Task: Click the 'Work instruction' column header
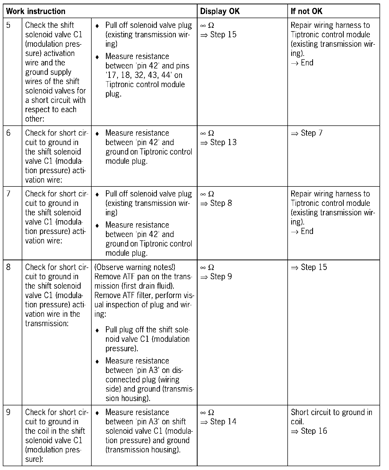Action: coord(36,11)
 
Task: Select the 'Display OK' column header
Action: coord(220,11)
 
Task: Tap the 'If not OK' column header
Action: coord(307,11)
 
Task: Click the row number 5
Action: coord(8,25)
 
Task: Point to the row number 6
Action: coord(8,133)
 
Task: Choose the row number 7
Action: coord(8,194)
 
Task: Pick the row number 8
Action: coord(8,267)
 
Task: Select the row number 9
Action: coord(8,412)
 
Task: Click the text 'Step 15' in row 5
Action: coord(223,35)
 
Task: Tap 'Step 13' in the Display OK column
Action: coord(223,143)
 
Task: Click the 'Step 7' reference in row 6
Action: coord(311,133)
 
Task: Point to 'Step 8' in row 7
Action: coord(221,203)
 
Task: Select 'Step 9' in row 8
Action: coord(221,277)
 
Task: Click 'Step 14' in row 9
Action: coord(223,422)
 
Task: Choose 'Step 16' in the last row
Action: coord(314,431)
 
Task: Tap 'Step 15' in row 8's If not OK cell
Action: coord(314,267)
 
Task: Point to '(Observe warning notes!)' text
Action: coord(135,267)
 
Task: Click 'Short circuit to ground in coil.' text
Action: coord(331,417)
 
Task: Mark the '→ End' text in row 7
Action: coord(302,231)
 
